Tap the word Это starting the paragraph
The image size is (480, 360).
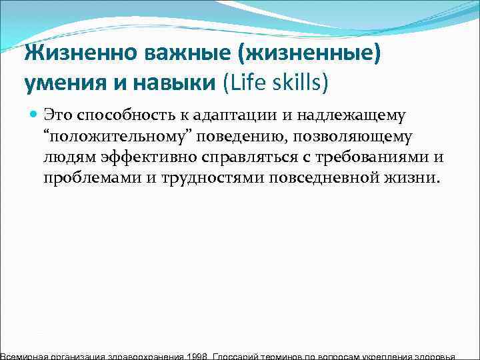click(58, 116)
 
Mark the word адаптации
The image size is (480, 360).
click(236, 116)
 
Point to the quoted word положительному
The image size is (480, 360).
click(117, 137)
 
